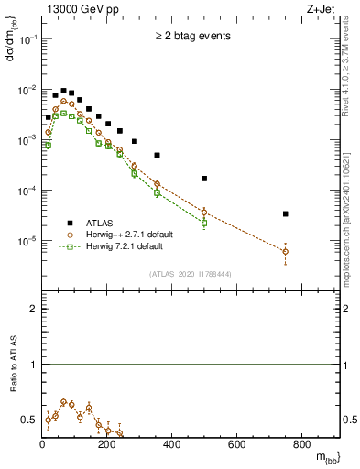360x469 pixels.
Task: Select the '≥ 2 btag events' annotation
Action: [192, 36]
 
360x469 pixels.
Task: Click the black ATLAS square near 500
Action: [204, 178]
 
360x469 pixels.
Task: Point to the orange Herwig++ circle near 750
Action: [286, 251]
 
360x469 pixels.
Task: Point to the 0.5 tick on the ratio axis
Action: [30, 420]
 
